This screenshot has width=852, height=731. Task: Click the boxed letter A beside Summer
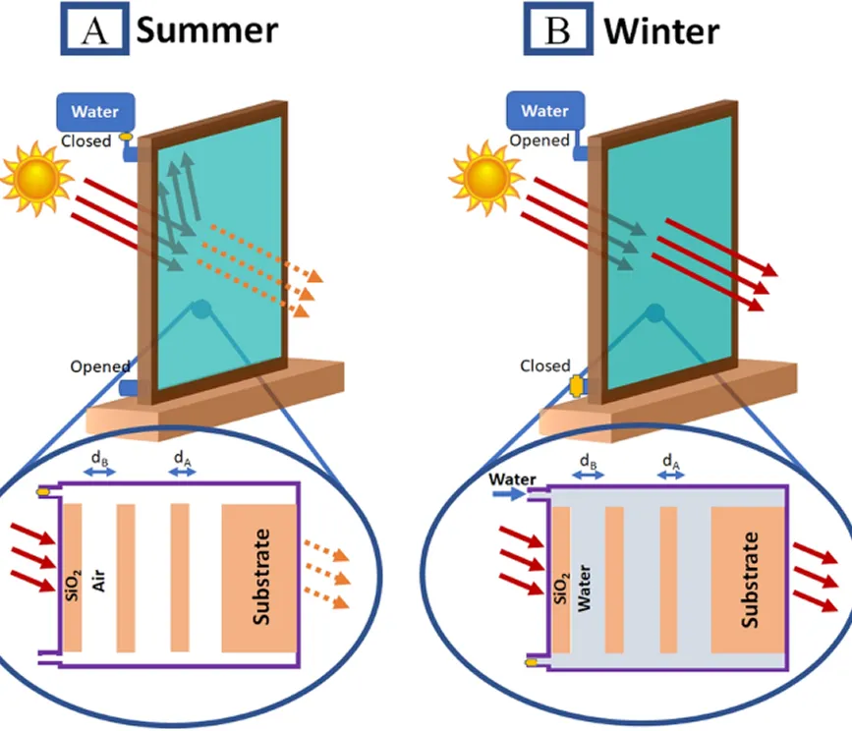[x=95, y=30]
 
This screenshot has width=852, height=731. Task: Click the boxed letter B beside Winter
[x=556, y=30]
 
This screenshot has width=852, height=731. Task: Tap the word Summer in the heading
[x=206, y=30]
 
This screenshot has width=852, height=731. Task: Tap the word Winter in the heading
[x=660, y=30]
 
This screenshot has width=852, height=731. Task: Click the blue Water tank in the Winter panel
[x=544, y=111]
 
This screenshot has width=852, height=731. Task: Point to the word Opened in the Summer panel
[x=99, y=366]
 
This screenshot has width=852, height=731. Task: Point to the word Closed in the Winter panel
[x=545, y=365]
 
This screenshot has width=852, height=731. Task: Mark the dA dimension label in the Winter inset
[x=672, y=459]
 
